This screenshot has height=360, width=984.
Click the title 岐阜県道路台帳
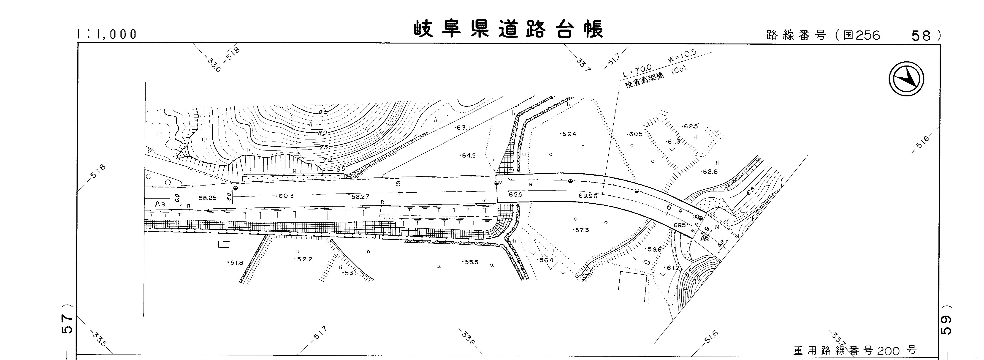[x=508, y=29]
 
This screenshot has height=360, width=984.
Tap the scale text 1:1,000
[x=107, y=34]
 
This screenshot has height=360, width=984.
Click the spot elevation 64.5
[x=468, y=155]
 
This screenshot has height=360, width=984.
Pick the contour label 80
[x=322, y=133]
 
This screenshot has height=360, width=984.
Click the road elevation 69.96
[x=588, y=196]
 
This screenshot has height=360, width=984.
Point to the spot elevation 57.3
[x=581, y=230]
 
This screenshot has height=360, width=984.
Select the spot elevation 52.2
[x=304, y=259]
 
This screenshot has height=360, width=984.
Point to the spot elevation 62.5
[x=690, y=126]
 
